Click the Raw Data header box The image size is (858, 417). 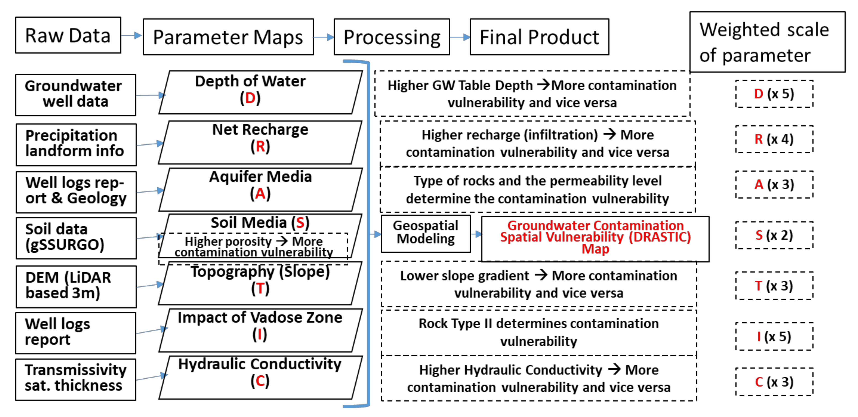point(68,35)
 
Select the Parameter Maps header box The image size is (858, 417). point(228,37)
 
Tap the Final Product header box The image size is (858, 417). point(539,37)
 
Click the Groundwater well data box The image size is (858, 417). point(76,95)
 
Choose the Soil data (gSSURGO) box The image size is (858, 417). point(76,238)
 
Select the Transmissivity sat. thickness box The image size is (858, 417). point(76,379)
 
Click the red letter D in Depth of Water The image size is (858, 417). point(250,98)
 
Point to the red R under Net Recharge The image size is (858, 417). point(260,147)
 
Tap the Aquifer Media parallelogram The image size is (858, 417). point(260,189)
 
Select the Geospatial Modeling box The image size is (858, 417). point(426,233)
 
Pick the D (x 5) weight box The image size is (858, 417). point(774,94)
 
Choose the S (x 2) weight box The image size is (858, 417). point(774,235)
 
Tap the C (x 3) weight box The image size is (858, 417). point(774,382)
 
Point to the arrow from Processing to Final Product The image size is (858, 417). point(460,37)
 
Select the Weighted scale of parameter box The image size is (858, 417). point(767,42)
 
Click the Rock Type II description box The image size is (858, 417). point(539,332)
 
